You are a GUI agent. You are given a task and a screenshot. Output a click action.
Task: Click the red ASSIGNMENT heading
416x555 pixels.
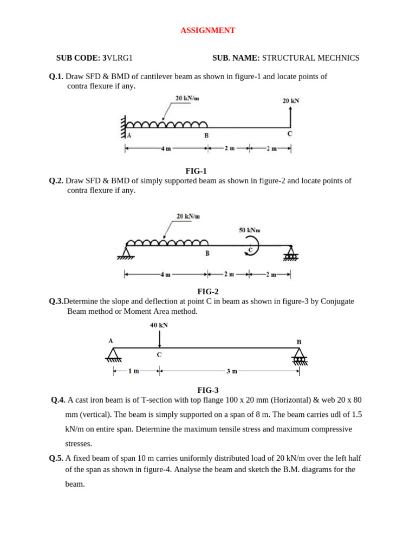coord(208,31)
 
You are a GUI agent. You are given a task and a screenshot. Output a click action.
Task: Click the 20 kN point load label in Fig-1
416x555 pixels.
coord(291,101)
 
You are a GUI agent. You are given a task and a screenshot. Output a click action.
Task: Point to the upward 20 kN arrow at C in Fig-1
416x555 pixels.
coord(291,117)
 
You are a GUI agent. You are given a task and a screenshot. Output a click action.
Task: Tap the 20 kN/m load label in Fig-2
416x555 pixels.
coord(188,216)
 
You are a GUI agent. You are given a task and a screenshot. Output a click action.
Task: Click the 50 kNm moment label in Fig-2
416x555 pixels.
coord(250,230)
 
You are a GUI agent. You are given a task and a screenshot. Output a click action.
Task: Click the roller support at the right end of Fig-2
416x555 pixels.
coord(291,252)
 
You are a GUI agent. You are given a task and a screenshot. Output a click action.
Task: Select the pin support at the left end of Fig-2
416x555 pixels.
coord(126,252)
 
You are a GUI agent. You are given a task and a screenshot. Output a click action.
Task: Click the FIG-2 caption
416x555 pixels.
coord(208,292)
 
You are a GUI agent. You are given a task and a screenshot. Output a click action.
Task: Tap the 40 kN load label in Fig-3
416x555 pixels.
coord(159,325)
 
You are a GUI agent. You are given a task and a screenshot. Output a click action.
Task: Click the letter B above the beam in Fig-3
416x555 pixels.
coord(298,342)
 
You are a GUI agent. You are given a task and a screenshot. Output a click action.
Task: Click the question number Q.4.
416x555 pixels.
coord(58,400)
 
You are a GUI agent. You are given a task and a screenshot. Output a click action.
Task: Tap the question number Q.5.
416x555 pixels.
coord(56,458)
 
